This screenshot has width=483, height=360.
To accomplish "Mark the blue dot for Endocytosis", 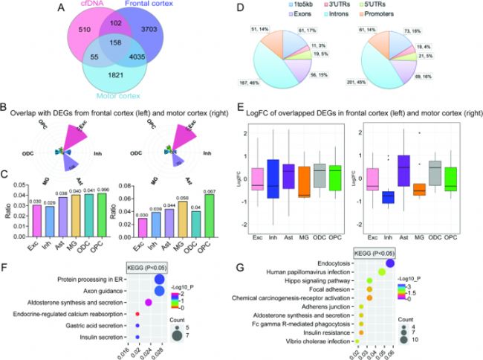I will pos(391,263).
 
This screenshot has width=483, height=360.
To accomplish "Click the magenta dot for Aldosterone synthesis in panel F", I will pos(148,302).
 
